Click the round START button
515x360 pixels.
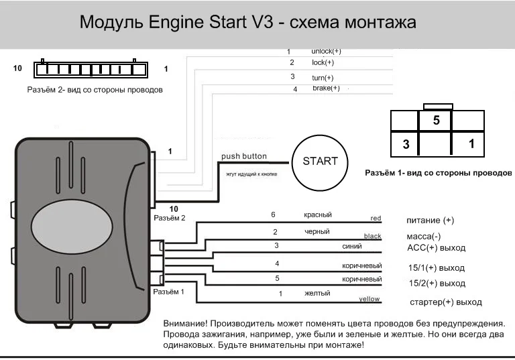click(320, 162)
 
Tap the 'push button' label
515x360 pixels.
click(243, 156)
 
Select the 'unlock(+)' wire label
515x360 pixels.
click(326, 51)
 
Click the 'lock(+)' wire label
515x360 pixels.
click(323, 62)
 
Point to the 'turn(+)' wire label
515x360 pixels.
click(323, 78)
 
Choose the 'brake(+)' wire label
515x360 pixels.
click(326, 88)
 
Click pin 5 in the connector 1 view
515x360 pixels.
click(436, 121)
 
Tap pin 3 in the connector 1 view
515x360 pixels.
click(406, 143)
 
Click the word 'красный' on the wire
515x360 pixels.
click(317, 215)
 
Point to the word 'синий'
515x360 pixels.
click(351, 246)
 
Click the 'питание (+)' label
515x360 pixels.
click(430, 221)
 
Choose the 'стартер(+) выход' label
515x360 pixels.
click(445, 302)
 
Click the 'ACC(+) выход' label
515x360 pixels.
click(436, 248)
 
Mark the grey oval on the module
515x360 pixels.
click(71, 219)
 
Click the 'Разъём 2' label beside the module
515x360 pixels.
click(169, 217)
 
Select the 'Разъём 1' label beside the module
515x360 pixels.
click(168, 292)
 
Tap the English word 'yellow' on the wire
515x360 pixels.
click(369, 298)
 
